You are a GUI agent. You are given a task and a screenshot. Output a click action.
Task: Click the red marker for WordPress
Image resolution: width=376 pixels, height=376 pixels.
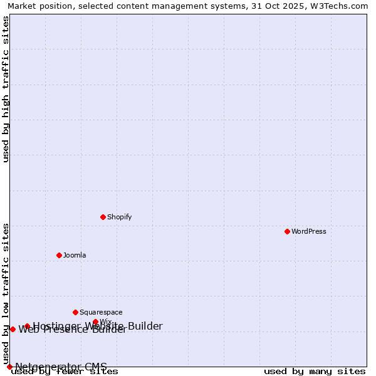click(288, 231)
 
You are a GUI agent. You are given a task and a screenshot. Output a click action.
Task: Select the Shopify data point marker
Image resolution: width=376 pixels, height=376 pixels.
click(103, 217)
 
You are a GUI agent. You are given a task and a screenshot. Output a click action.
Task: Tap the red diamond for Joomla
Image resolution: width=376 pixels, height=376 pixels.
click(60, 255)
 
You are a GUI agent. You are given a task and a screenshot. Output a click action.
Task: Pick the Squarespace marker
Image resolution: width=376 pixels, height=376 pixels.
click(76, 312)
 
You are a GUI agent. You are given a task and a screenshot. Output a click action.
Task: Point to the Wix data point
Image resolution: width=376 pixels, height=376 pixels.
click(96, 322)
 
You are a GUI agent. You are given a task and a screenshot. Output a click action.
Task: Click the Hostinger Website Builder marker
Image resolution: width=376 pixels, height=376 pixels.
click(28, 326)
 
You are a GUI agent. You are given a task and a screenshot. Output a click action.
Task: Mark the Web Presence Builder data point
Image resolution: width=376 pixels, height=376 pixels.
click(13, 329)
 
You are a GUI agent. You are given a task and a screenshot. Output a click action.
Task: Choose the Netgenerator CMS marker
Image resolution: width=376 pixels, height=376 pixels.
click(9, 367)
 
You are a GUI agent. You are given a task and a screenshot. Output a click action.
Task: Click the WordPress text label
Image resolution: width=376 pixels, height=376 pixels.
click(309, 232)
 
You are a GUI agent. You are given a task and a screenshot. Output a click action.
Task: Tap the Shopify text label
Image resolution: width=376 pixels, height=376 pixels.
click(120, 217)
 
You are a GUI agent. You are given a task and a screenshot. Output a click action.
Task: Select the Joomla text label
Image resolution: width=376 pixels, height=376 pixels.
click(75, 256)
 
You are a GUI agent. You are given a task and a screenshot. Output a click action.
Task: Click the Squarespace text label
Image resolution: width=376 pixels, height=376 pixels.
click(101, 313)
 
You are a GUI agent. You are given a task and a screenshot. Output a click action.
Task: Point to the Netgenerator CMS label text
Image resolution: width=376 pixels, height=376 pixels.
click(61, 367)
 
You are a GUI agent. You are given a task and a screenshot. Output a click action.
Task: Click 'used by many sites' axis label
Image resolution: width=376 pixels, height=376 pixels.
click(315, 372)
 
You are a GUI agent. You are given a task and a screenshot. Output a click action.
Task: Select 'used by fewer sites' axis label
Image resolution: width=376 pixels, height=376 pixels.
click(65, 372)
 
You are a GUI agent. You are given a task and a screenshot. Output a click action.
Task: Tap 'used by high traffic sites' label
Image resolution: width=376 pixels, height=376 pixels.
click(6, 89)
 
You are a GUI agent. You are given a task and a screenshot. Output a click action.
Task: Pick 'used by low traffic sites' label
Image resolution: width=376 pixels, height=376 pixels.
click(6, 293)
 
